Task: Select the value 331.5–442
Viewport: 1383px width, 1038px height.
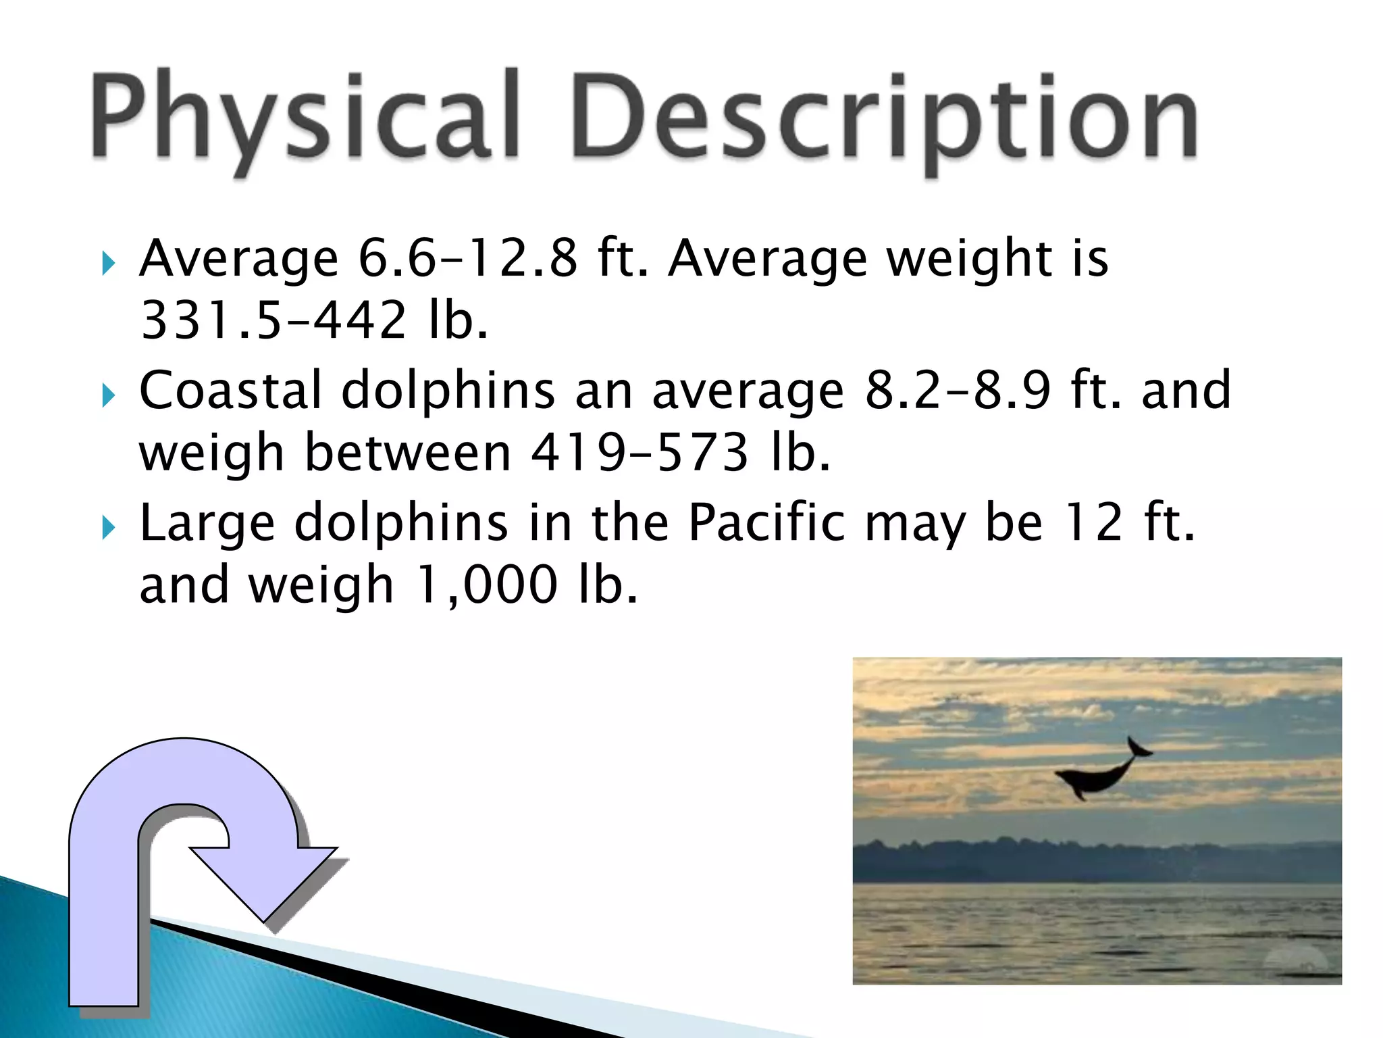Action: pos(273,320)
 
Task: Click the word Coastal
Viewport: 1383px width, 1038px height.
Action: pos(230,391)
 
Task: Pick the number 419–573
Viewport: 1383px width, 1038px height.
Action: pos(640,453)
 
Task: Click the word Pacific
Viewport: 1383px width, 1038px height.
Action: pos(766,523)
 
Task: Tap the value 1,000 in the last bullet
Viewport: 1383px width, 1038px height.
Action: pos(486,585)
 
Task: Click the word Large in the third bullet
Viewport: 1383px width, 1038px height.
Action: pos(207,524)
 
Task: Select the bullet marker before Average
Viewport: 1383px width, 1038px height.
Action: pos(109,264)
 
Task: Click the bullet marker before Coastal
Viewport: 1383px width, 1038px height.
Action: pos(109,396)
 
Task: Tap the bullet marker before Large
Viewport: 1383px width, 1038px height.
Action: pos(109,528)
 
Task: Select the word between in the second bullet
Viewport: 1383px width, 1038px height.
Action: pos(408,453)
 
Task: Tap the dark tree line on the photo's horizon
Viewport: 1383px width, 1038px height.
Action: pos(1094,858)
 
